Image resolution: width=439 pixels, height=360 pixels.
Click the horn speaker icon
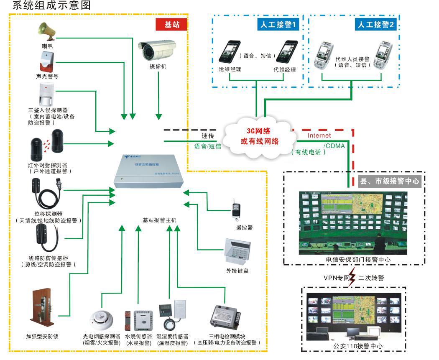46,30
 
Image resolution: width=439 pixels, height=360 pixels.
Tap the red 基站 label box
171,25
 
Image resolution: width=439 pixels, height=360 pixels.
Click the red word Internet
319,135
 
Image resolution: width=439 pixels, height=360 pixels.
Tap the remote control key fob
237,211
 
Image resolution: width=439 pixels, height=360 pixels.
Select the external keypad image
237,251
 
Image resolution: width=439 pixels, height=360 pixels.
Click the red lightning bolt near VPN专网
352,277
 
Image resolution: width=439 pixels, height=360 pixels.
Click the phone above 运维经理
230,51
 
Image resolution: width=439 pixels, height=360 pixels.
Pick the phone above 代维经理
287,51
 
